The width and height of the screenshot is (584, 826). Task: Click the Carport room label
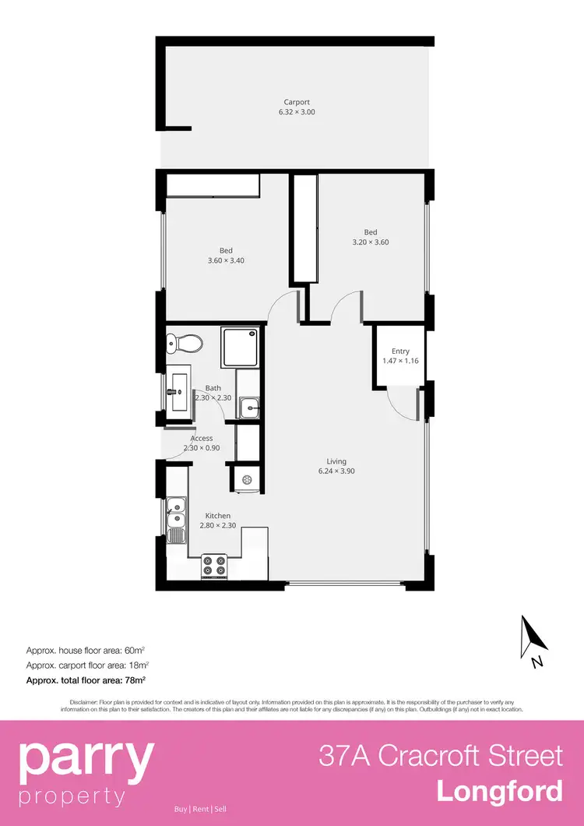pos(297,102)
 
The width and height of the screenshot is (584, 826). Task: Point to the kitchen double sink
pos(177,514)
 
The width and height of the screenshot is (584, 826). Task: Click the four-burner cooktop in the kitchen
pos(214,566)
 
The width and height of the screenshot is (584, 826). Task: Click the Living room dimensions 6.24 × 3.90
pos(336,471)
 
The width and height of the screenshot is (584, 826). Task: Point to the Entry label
pos(400,351)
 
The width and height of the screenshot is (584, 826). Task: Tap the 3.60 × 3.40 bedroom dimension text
pos(226,260)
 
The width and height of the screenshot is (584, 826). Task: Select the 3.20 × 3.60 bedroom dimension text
pos(370,242)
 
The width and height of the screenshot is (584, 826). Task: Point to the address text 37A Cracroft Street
pos(440,755)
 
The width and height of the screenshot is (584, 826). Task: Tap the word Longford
pos(499,791)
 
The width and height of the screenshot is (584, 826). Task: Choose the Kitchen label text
pos(217,516)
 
